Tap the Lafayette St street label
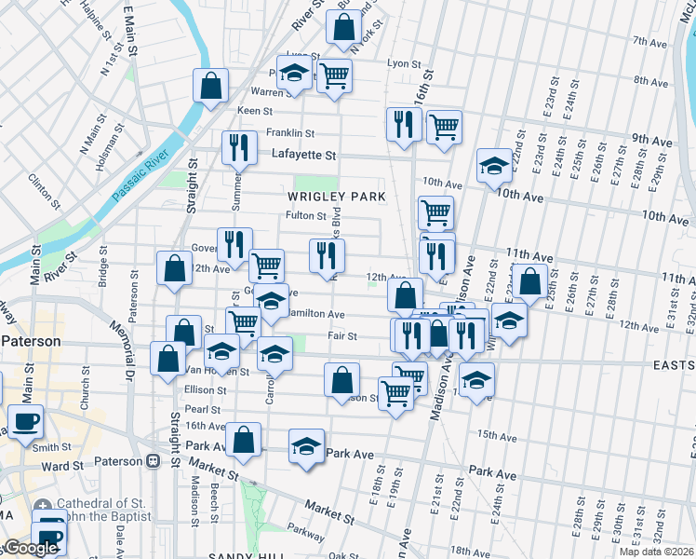point(302,155)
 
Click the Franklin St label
point(289,133)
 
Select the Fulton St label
point(305,216)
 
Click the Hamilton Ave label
point(316,315)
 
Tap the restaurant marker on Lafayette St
point(239,146)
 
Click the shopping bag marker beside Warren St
point(211,86)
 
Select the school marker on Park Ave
point(306,446)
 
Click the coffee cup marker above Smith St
point(24,420)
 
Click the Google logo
point(31,547)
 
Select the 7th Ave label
point(650,42)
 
